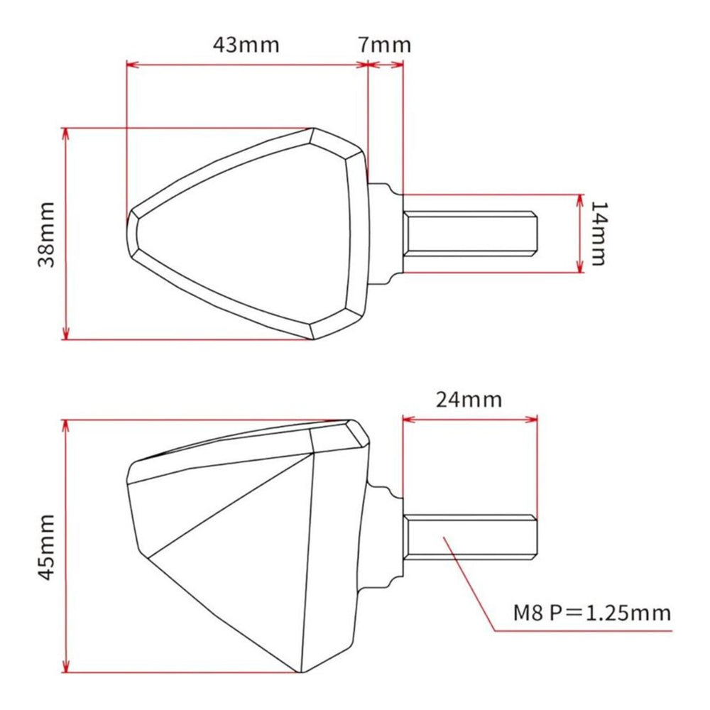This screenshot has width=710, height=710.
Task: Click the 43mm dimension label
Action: coord(246,44)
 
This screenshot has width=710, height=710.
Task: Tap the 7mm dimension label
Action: coord(385,44)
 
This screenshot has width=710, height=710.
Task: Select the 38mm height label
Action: coord(46,234)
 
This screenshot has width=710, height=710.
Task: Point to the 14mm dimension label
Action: coord(599,234)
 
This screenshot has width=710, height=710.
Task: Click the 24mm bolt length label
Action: coord(469,399)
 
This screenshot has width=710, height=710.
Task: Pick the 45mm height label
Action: coord(46,547)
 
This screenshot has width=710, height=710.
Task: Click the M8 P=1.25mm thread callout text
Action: coord(591,613)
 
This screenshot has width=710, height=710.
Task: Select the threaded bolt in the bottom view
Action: coord(469,537)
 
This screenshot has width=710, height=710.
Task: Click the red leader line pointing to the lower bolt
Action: coord(469,582)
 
